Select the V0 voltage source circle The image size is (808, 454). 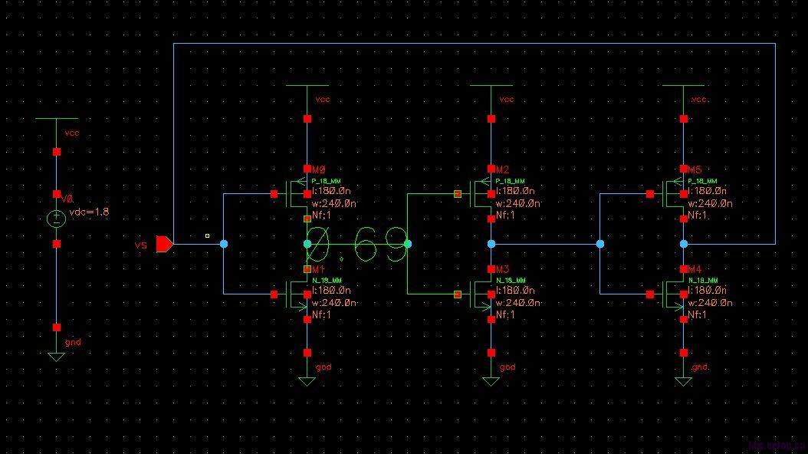pos(56,219)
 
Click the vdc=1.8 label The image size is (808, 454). pos(90,212)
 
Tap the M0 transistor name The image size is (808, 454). pos(318,169)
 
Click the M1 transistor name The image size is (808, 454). pos(318,270)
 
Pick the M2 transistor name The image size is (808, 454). pos(502,169)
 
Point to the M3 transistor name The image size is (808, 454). pos(502,270)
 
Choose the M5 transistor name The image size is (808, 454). pos(694,169)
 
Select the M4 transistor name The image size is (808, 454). pos(694,270)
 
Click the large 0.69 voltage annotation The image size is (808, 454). pos(356,244)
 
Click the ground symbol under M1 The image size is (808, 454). pos(307,380)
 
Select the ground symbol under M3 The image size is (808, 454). pos(491,380)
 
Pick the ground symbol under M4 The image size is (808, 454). pos(683,380)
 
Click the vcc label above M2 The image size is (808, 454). pos(507,100)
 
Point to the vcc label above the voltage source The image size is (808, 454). pos(72,133)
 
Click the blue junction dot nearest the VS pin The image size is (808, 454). pos(224,244)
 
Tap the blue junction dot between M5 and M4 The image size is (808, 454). pos(683,244)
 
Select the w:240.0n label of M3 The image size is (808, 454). pos(517,303)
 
